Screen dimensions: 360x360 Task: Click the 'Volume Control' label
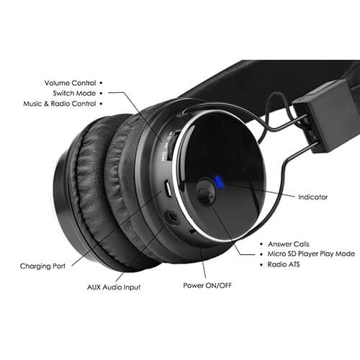pyautogui.click(x=70, y=83)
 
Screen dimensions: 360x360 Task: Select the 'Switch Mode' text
pyautogui.click(x=74, y=93)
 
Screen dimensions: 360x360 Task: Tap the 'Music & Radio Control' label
pyautogui.click(x=60, y=104)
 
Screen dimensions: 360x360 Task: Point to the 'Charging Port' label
pyautogui.click(x=42, y=266)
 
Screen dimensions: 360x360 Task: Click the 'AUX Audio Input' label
pyautogui.click(x=114, y=287)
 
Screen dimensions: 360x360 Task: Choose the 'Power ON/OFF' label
pyautogui.click(x=207, y=285)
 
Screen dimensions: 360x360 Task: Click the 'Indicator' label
pyautogui.click(x=312, y=197)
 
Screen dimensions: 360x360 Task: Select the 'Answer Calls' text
pyautogui.click(x=289, y=244)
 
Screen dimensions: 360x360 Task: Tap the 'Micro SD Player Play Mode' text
pyautogui.click(x=311, y=254)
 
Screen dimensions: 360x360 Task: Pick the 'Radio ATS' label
pyautogui.click(x=284, y=264)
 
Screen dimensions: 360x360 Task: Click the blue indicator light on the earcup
pyautogui.click(x=219, y=182)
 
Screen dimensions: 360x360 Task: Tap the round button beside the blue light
pyautogui.click(x=206, y=192)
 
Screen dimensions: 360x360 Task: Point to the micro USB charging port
pyautogui.click(x=168, y=189)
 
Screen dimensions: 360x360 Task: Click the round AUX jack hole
pyautogui.click(x=172, y=217)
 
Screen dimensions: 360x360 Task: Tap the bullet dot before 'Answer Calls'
pyautogui.click(x=261, y=244)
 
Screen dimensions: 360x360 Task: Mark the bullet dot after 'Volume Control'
pyautogui.click(x=101, y=83)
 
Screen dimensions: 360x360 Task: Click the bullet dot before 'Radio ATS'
pyautogui.click(x=261, y=265)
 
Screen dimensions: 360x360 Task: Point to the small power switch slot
pyautogui.click(x=192, y=232)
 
